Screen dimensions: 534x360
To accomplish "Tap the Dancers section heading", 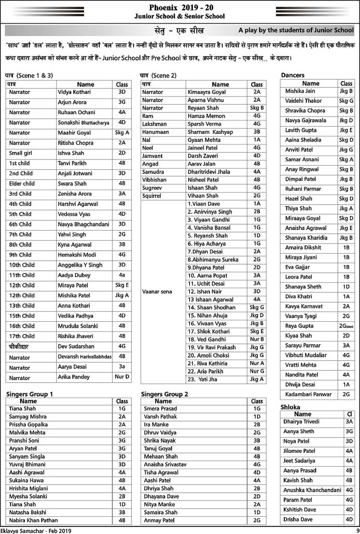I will tap(293, 75).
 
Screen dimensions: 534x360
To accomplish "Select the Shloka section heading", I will tap(290, 407).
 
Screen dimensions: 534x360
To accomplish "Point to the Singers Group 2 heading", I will tap(165, 394).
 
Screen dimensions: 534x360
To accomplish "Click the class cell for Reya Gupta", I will tap(346, 326).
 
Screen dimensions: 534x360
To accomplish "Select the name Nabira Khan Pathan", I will tap(34, 520).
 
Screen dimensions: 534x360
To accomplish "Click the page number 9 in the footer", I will tap(357, 530).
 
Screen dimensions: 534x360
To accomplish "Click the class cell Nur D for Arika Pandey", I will tap(122, 377).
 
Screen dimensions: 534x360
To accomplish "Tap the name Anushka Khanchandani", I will tap(312, 490).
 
